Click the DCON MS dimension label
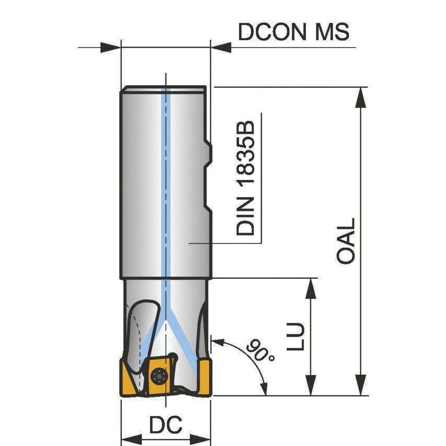pos(294,32)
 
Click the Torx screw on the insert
pos(158,374)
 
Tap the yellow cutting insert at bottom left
pos(131,379)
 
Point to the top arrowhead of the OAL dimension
pos(360,97)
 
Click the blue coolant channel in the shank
pos(166,183)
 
